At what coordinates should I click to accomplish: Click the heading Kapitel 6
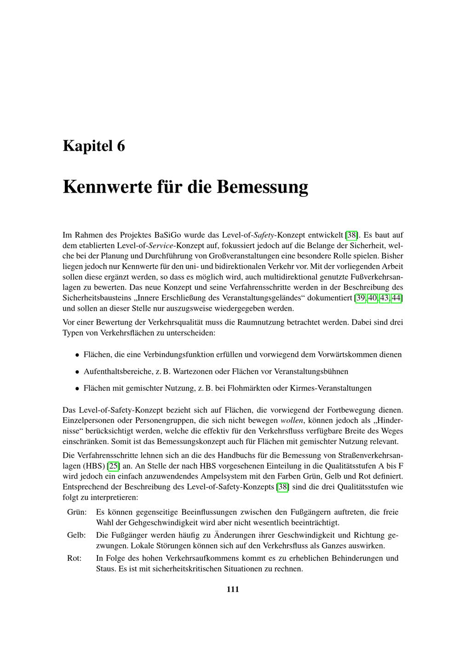(x=94, y=146)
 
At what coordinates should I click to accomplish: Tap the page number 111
(x=233, y=589)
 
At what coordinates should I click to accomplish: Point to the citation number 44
(x=397, y=298)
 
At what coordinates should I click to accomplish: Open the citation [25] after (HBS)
(x=113, y=466)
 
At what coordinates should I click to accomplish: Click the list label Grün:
(x=77, y=512)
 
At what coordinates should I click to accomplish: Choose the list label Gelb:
(x=77, y=535)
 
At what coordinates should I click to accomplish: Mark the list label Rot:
(x=75, y=558)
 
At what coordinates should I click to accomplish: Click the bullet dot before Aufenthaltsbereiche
(x=77, y=372)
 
